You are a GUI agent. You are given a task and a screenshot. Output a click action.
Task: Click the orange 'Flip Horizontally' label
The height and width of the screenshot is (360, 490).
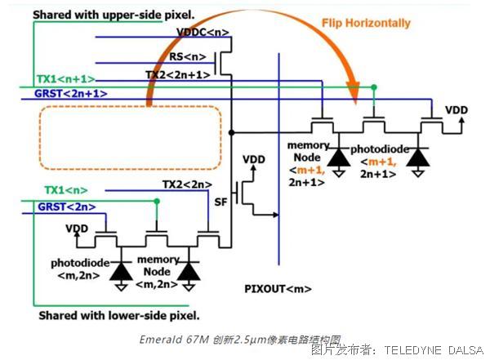tap(367, 24)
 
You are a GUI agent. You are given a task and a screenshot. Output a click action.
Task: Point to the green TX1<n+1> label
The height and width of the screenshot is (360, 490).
tap(65, 78)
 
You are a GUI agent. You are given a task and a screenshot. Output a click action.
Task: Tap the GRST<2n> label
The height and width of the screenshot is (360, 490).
tap(63, 208)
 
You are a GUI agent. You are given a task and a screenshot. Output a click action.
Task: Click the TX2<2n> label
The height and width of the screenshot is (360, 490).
tap(186, 184)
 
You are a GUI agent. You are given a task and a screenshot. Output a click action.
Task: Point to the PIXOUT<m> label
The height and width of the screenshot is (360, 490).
tap(278, 289)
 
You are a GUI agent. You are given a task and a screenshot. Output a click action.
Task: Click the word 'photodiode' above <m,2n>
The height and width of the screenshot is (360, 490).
tap(78, 264)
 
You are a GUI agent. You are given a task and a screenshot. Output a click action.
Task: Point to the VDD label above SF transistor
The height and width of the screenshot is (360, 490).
tap(254, 159)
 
